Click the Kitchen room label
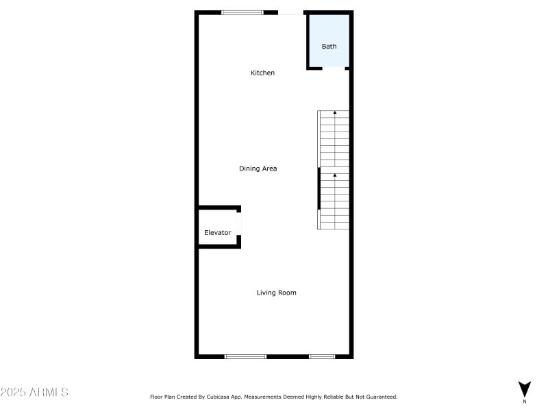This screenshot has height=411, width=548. (x=262, y=73)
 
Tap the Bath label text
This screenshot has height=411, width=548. (x=329, y=47)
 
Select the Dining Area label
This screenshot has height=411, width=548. (x=258, y=169)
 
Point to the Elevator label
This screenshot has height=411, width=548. (x=218, y=233)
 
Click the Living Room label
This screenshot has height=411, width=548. (x=277, y=293)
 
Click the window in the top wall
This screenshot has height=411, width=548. (x=242, y=12)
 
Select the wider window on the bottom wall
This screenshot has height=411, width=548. (x=245, y=356)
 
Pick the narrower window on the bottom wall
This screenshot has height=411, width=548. (x=321, y=356)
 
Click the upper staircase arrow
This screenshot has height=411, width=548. (x=335, y=112)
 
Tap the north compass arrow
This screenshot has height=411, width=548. (x=525, y=388)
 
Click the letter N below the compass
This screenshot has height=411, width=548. (x=525, y=401)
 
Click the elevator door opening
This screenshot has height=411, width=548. (x=239, y=223)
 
